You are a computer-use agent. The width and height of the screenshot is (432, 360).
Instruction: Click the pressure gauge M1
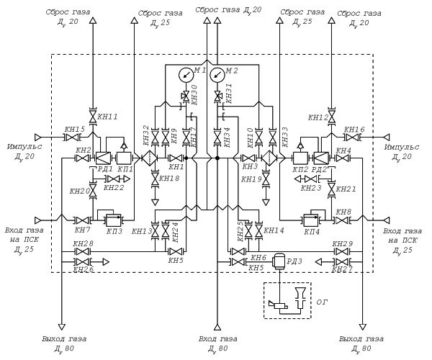[186, 74]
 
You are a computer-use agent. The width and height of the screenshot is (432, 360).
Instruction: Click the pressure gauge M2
[217, 74]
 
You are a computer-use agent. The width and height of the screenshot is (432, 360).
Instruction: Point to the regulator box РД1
[103, 158]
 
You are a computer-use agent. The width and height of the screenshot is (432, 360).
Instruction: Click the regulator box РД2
[322, 158]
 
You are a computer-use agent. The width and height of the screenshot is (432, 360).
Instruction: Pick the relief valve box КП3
[114, 220]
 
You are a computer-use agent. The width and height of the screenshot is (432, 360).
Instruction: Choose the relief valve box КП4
[311, 220]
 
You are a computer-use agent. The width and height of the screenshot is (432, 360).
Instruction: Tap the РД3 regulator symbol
[279, 261]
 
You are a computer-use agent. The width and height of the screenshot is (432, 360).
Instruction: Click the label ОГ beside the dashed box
[322, 302]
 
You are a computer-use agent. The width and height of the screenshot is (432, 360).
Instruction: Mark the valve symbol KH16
[352, 137]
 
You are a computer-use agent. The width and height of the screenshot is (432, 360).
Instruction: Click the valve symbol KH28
[82, 251]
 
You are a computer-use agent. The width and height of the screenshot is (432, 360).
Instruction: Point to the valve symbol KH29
[341, 251]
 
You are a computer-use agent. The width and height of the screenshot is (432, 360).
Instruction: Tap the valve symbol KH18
[155, 179]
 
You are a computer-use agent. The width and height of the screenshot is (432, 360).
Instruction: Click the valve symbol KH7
[82, 220]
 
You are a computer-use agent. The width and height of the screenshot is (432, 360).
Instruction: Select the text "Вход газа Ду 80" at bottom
[218, 343]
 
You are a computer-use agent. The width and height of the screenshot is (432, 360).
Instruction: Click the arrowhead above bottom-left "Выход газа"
[62, 327]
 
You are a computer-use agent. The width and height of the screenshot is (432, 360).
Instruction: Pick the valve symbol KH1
[176, 158]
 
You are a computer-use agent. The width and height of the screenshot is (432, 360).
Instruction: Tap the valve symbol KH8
[341, 220]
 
